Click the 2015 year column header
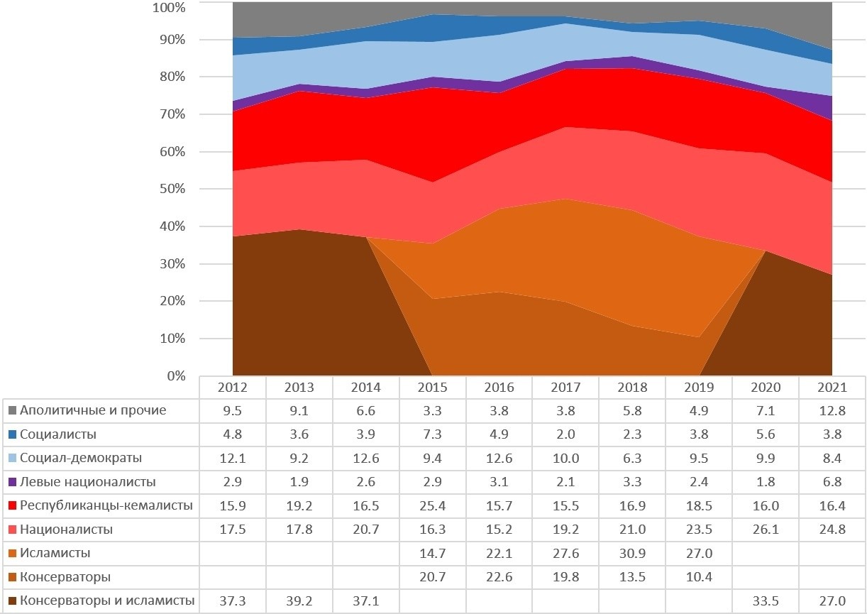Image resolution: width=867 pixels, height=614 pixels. point(433,388)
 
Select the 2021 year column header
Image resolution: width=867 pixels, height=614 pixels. point(832,388)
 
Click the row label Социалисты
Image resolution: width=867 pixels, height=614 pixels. point(58,434)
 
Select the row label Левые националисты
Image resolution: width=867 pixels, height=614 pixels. point(87,482)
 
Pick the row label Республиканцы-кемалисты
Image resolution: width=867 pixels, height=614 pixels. point(106,506)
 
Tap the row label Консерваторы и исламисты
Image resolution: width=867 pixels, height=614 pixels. point(107,601)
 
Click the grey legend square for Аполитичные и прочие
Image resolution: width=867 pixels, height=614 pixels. point(12,410)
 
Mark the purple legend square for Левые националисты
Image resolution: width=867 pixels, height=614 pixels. point(12,482)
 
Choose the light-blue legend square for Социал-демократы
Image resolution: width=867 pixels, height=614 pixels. point(12,459)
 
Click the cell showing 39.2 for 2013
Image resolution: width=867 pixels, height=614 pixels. point(299,601)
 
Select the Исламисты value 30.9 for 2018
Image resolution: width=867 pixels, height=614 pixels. point(632,553)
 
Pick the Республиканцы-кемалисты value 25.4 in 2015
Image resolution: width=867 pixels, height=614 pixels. point(433,506)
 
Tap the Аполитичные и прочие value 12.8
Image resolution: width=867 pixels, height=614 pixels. point(832,410)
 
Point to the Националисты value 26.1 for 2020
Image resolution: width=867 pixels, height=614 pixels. point(766,530)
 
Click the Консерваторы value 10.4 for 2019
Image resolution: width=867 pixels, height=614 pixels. point(699,577)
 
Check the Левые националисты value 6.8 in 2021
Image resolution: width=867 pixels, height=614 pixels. point(832,482)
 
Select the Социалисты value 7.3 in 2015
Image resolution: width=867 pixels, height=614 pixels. point(433,434)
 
